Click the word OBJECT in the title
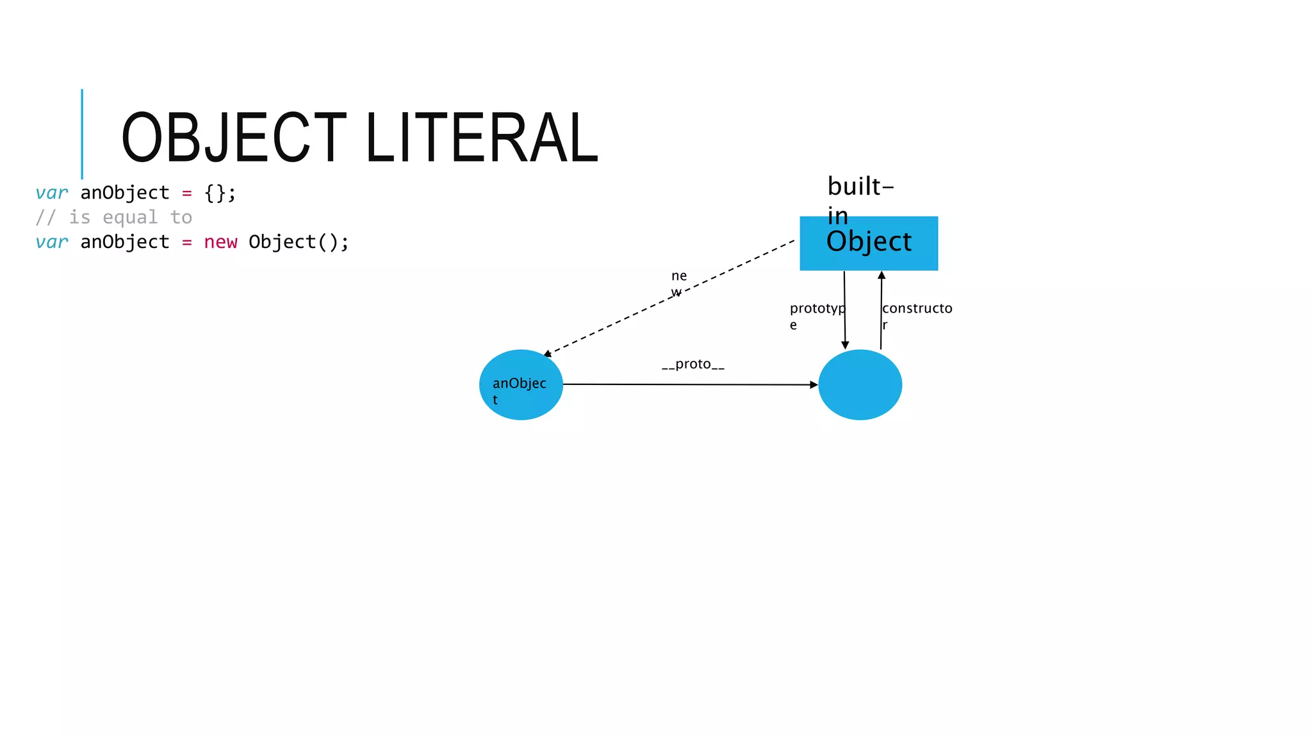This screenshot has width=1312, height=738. (x=234, y=137)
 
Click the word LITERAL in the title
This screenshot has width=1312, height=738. (x=482, y=137)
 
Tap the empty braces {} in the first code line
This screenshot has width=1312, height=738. (x=215, y=193)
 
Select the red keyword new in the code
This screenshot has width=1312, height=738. (x=220, y=242)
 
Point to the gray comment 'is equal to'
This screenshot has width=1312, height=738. (x=130, y=218)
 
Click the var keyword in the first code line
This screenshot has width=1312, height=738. (x=52, y=193)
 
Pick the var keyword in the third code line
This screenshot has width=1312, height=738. (x=52, y=242)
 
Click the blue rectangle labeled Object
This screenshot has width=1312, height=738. (x=869, y=243)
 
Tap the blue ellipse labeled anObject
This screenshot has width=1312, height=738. (x=521, y=384)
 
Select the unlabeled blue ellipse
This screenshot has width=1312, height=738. (x=860, y=384)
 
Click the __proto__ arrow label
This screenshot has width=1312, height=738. (x=693, y=364)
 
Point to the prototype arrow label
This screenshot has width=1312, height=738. (x=817, y=309)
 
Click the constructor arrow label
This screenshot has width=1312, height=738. (x=917, y=309)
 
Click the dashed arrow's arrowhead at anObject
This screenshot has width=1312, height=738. (x=547, y=354)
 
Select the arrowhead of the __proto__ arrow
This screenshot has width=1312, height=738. (x=814, y=385)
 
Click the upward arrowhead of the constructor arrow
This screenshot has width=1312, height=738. (x=881, y=275)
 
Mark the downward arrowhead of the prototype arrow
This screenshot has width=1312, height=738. (x=845, y=345)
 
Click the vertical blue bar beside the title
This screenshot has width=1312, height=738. (x=82, y=134)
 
